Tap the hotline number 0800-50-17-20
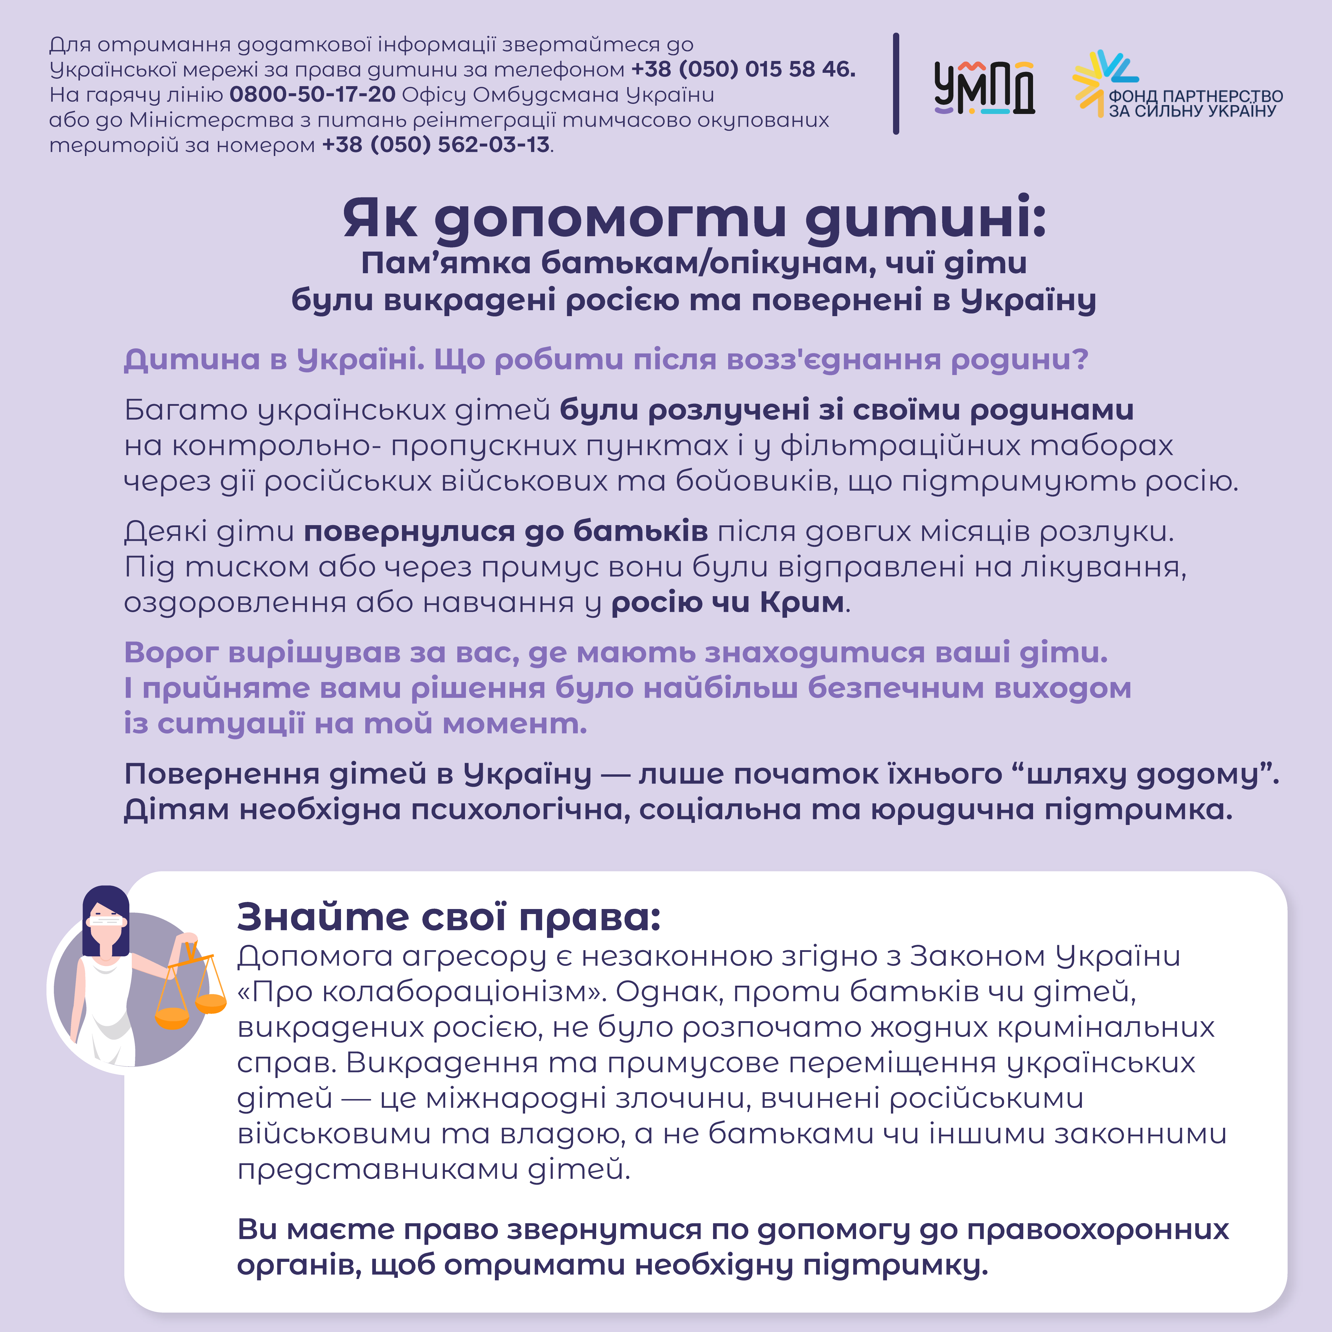(312, 94)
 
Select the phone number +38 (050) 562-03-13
(436, 145)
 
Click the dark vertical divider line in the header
(896, 83)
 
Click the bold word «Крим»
(802, 603)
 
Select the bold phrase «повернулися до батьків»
(505, 532)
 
